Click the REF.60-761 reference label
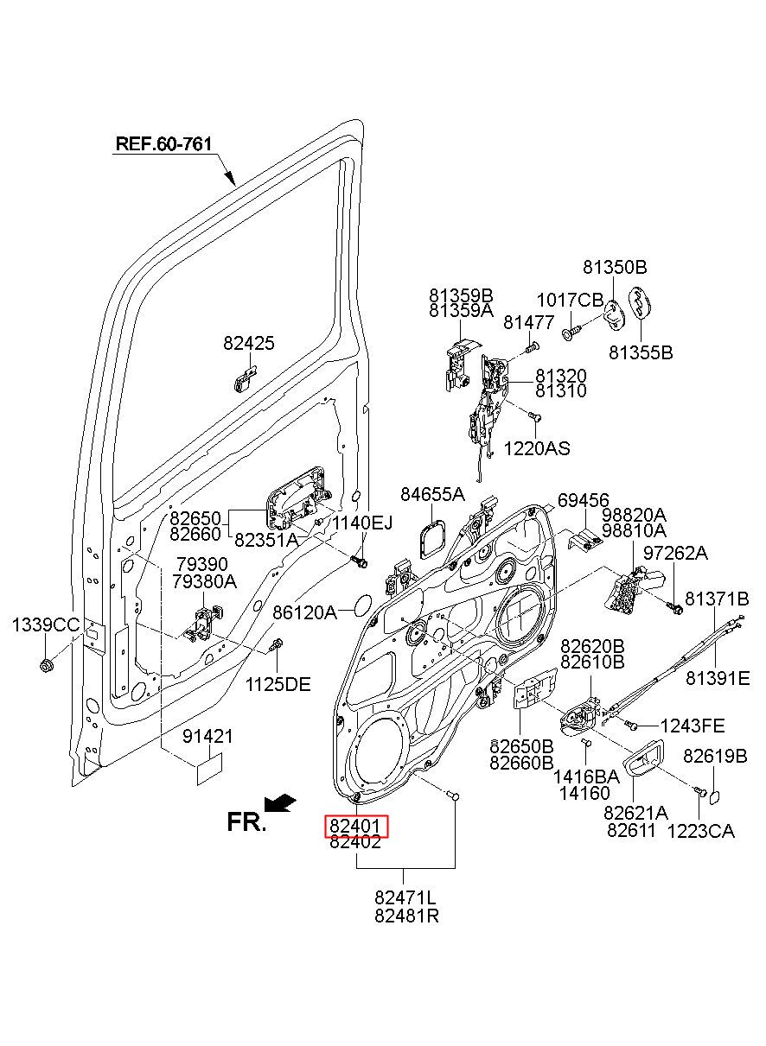pyautogui.click(x=163, y=144)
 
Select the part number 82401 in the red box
pyautogui.click(x=356, y=826)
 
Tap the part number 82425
pyautogui.click(x=249, y=343)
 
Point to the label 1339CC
pyautogui.click(x=46, y=624)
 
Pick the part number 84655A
pyautogui.click(x=433, y=495)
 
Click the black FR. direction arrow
pyautogui.click(x=279, y=802)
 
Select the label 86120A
pyautogui.click(x=304, y=612)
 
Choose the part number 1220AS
pyautogui.click(x=537, y=448)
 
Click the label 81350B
pyautogui.click(x=615, y=267)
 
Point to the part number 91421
pyautogui.click(x=207, y=737)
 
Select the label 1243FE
pyautogui.click(x=693, y=726)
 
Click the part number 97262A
pyautogui.click(x=675, y=554)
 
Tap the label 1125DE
pyautogui.click(x=278, y=685)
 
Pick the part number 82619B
pyautogui.click(x=715, y=756)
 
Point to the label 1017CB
pyautogui.click(x=570, y=301)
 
